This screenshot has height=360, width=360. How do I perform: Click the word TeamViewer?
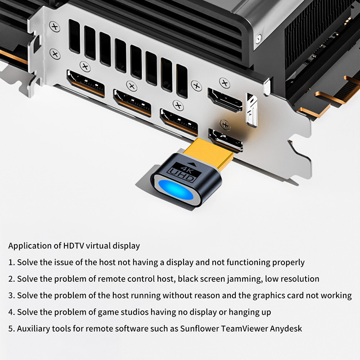pyautogui.click(x=243, y=328)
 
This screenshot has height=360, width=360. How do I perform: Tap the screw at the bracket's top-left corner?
pyautogui.click(x=55, y=27)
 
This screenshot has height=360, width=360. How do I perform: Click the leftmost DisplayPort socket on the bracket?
pyautogui.click(x=85, y=84)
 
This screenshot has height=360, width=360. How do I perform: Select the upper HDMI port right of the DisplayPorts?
pyautogui.click(x=225, y=99)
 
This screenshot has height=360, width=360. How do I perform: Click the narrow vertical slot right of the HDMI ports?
pyautogui.click(x=250, y=108)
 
